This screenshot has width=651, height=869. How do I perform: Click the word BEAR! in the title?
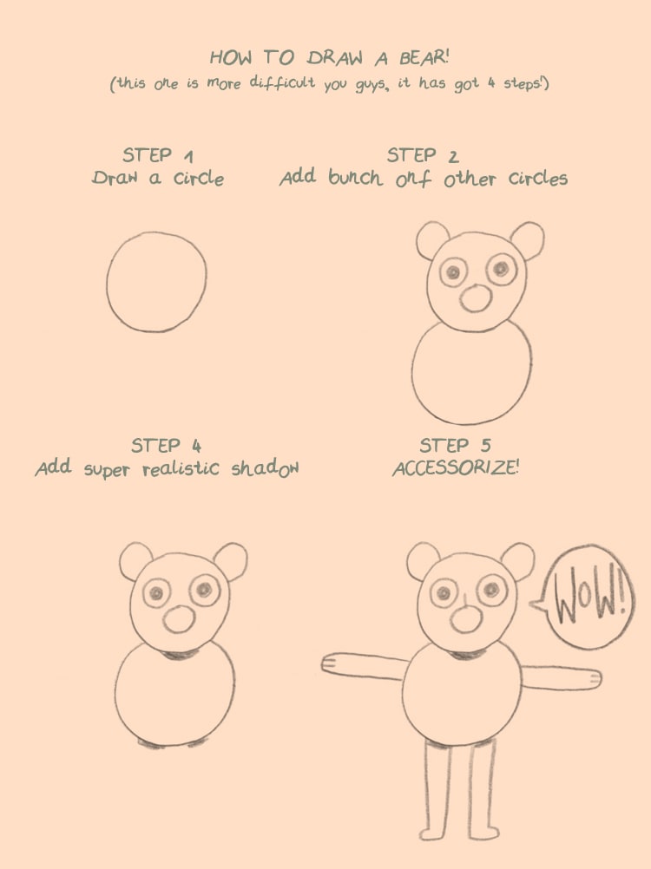(x=424, y=57)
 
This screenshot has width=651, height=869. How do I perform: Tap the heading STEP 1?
(x=158, y=155)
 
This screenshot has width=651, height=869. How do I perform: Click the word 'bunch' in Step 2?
(x=355, y=177)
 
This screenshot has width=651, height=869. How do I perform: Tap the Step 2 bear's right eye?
(x=502, y=269)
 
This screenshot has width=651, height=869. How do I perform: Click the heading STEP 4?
(x=166, y=446)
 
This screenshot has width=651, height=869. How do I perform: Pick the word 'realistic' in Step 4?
(x=181, y=469)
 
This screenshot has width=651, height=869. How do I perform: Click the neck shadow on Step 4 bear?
(x=179, y=655)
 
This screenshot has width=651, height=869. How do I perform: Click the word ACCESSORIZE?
(x=455, y=468)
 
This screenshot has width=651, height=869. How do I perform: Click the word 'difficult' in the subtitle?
(x=282, y=82)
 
